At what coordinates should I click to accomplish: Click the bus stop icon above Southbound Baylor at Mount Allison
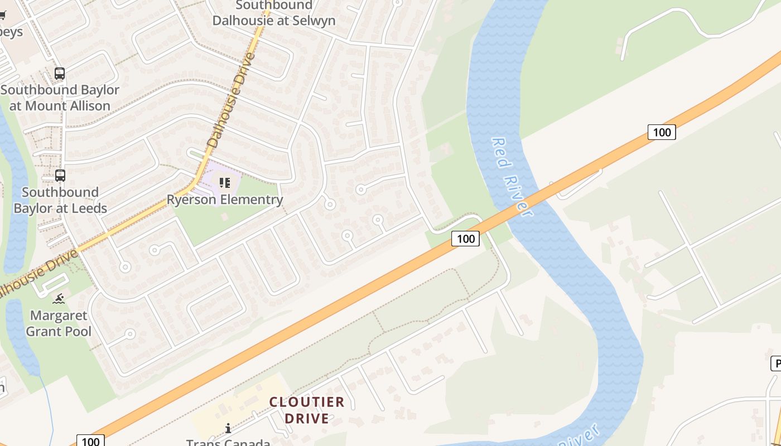pos(59,74)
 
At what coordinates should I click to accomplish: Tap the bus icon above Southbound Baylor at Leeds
pos(60,176)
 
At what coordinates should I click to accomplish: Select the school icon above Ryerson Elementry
pos(225,182)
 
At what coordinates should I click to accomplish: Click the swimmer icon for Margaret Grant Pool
pos(59,299)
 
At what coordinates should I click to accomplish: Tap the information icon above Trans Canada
pos(228,428)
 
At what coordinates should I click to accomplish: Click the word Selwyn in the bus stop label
pos(311,21)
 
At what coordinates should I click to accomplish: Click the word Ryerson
pos(192,200)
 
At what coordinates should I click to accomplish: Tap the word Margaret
pos(59,316)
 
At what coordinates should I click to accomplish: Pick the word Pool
pos(78,331)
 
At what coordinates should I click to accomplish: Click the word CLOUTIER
pos(307,402)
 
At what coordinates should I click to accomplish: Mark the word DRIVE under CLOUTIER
pos(307,418)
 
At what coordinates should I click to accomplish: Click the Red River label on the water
pos(510,176)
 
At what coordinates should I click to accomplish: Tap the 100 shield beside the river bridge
pos(465,239)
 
